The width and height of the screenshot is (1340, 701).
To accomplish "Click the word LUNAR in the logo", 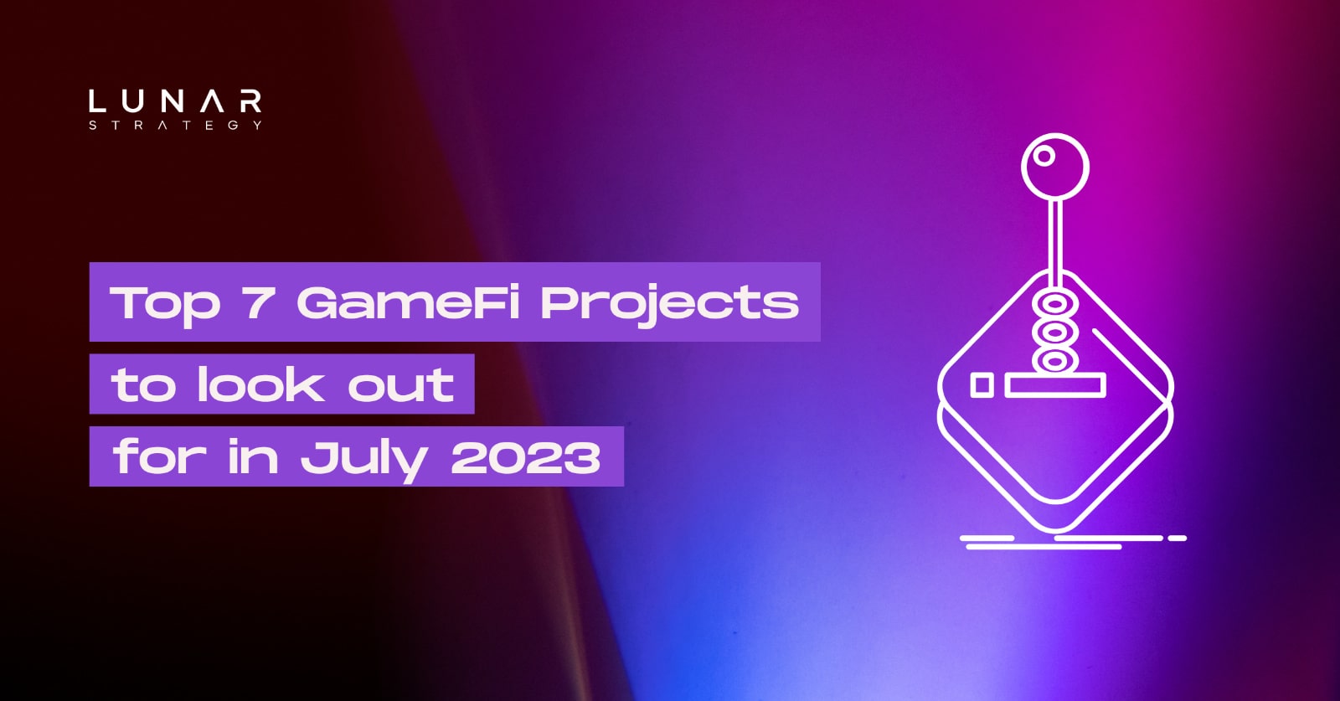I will pos(175,102).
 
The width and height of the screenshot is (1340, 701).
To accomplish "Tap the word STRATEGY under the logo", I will pos(175,126).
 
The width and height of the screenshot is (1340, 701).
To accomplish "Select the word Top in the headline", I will pos(164,303).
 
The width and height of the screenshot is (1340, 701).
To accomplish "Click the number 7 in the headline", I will pos(258,302).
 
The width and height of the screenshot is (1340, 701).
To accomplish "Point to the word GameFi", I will pos(408,302).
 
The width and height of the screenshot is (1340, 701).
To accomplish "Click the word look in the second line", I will pos(260,384).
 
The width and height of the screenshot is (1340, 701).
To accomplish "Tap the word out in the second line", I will pos(400,385).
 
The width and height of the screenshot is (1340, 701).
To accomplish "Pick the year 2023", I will pos(526,457).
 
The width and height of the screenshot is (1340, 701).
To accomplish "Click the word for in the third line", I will pos(159,456).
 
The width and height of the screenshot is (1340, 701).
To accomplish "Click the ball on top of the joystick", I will pos(1054,166).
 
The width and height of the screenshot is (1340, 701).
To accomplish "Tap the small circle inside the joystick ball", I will pos(1044,155).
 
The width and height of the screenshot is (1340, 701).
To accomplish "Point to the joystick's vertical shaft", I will pos(1056,243).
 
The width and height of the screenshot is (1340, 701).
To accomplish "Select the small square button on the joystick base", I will pos(982,385).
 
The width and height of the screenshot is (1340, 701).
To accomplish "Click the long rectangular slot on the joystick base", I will pos(1055,385).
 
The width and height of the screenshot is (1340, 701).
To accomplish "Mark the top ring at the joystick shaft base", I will pos(1054,302).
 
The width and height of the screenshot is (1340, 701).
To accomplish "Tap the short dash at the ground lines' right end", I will pos(1177,538).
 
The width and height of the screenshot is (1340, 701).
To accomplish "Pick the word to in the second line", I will pos(143,384).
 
